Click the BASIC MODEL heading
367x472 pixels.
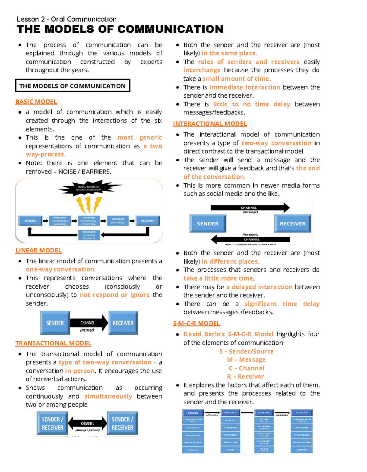point(36,102)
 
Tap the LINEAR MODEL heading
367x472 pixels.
point(39,250)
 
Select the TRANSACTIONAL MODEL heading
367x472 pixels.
point(53,343)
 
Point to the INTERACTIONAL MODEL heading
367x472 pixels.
point(209,124)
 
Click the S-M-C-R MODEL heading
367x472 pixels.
point(196,323)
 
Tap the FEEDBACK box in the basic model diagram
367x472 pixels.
point(89,235)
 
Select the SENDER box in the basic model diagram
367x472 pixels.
point(30,221)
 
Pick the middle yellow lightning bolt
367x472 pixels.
point(88,204)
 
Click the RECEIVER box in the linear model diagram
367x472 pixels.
point(123,323)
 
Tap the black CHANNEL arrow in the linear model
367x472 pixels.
point(88,323)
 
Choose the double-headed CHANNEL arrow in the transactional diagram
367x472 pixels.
point(87,423)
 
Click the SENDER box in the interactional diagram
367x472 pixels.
point(208,224)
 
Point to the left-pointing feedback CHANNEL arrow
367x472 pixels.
point(250,239)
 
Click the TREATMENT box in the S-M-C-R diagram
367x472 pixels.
point(230,435)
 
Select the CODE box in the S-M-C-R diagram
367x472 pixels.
point(230,450)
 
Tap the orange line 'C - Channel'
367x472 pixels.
point(247,368)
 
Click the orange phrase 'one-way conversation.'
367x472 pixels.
point(61,269)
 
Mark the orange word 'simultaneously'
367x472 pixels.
point(108,396)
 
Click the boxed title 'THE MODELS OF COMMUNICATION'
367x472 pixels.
point(72,86)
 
